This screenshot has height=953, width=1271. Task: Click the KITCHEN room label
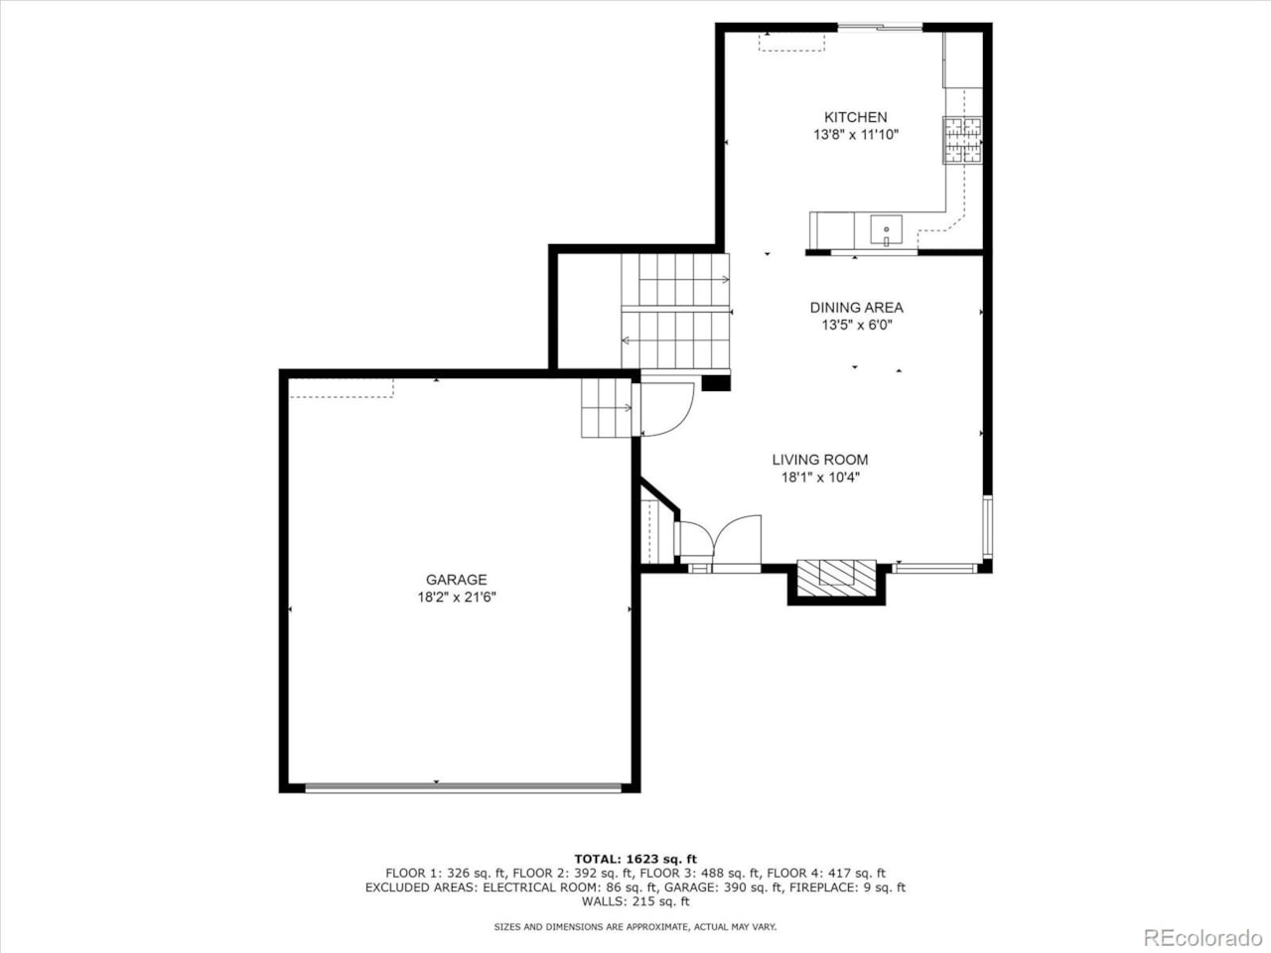[x=855, y=117]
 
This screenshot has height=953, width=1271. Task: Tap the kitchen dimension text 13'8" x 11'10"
[x=855, y=134]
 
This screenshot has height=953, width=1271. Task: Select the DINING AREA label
[x=856, y=308]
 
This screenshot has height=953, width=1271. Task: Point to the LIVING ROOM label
[x=820, y=460]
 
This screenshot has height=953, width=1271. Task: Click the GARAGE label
[x=456, y=580]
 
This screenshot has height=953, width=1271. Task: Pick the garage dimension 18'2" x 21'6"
[x=456, y=597]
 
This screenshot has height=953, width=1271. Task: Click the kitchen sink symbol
[x=886, y=231]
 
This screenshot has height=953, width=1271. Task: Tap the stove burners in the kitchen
[x=962, y=140]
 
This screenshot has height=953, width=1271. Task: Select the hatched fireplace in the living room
[x=837, y=578]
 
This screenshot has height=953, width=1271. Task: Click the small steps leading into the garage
[x=606, y=407]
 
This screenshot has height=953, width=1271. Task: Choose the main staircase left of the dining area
[x=675, y=311]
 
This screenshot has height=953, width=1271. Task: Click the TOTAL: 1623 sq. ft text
[x=635, y=859]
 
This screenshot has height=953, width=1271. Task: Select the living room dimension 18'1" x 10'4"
[x=820, y=476]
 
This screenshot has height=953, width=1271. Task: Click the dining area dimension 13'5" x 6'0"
[x=856, y=325]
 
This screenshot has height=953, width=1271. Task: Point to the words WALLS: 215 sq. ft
[x=635, y=901]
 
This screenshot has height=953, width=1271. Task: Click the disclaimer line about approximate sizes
[x=635, y=927]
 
